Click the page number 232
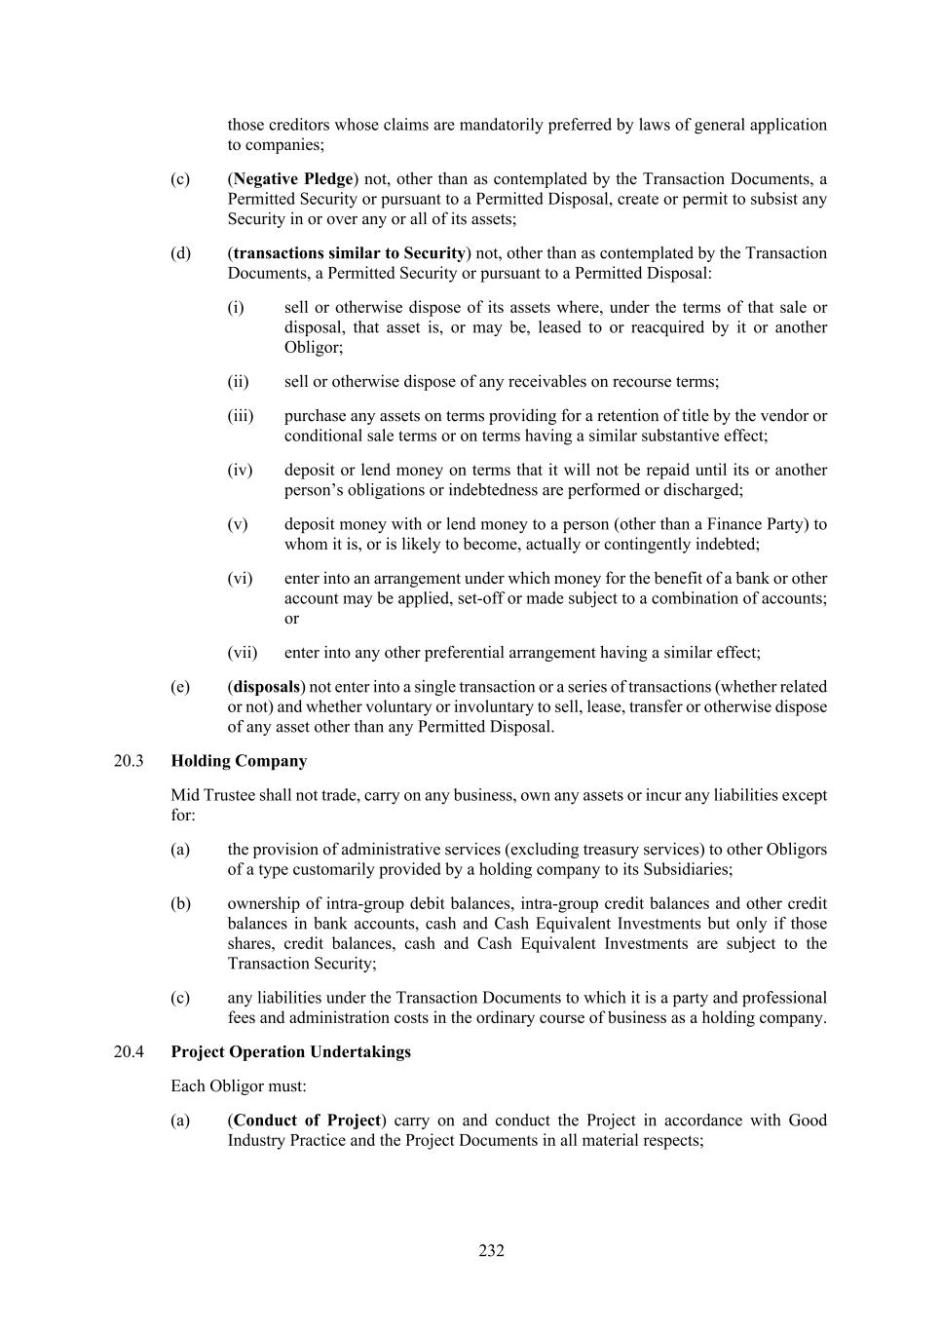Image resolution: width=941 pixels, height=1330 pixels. (x=491, y=1250)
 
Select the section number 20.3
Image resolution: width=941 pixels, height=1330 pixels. (x=129, y=761)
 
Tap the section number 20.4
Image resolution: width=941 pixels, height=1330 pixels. (x=129, y=1051)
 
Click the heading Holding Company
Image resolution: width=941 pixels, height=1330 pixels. (x=239, y=761)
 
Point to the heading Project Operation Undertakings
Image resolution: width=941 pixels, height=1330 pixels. (x=290, y=1051)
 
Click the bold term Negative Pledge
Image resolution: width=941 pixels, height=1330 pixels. (x=293, y=179)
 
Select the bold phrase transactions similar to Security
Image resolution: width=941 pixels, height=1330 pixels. (x=350, y=253)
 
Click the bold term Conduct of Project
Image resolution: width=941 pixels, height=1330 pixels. (x=307, y=1120)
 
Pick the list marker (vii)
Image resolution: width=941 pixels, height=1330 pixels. (x=243, y=653)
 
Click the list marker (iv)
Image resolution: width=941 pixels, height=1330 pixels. (x=240, y=470)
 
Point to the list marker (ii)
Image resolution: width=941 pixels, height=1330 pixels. (x=238, y=381)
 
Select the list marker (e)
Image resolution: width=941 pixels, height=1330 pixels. (x=180, y=687)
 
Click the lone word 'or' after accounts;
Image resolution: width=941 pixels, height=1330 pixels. (x=291, y=619)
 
